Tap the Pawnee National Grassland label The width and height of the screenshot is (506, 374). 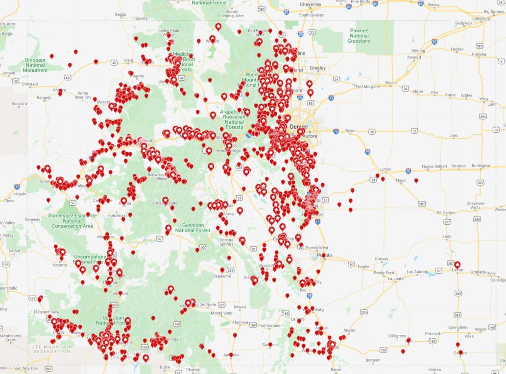(x=359, y=36)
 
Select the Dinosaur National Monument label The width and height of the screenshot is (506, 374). (x=35, y=65)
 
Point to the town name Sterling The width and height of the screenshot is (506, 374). (x=418, y=50)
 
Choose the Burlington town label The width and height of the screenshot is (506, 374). (x=481, y=166)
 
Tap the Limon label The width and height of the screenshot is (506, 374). (x=386, y=169)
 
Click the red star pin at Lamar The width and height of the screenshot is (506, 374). (x=458, y=264)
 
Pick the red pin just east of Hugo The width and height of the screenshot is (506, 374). (x=416, y=181)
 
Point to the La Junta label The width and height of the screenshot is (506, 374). (x=395, y=279)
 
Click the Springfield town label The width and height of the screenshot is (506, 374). (x=458, y=327)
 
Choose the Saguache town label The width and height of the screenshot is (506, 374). (x=221, y=276)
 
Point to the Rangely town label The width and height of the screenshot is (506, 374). (x=44, y=97)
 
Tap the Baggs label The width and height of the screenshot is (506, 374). (x=120, y=15)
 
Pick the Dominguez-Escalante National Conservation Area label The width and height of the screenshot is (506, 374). (x=72, y=220)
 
